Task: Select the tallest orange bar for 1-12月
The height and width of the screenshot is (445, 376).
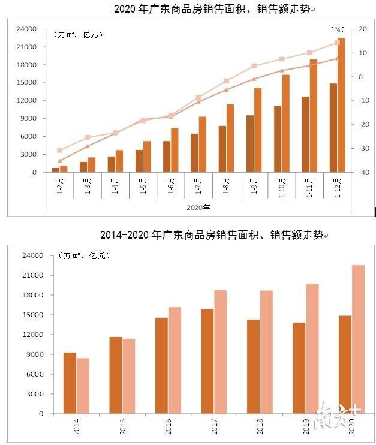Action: (x=341, y=105)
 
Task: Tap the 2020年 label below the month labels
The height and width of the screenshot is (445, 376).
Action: (x=199, y=208)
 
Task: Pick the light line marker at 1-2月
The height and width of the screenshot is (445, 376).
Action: (x=59, y=150)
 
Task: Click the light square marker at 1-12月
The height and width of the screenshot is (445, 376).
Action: (x=337, y=43)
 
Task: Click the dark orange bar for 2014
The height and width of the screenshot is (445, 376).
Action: (x=70, y=383)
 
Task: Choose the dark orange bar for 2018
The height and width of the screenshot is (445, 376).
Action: (x=254, y=366)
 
